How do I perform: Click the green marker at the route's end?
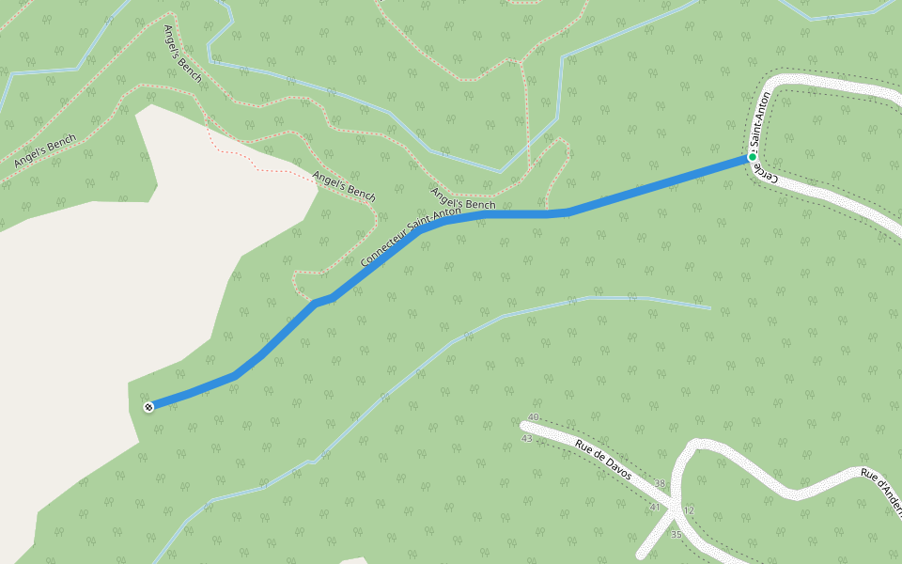752,157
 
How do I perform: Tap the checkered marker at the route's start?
148,407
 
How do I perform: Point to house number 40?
534,416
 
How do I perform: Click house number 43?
526,438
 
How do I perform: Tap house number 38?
660,484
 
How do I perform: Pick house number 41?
654,507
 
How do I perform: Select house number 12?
689,509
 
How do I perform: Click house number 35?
676,534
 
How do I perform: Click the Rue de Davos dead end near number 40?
524,426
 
